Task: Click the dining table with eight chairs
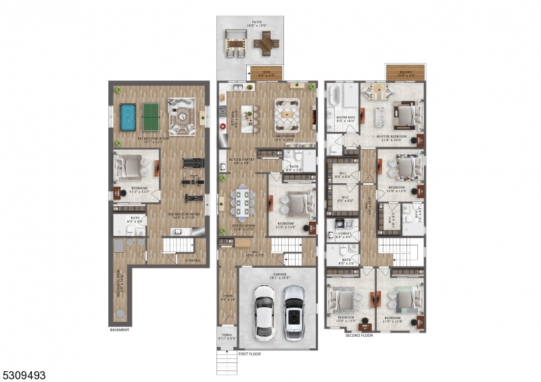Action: click(241, 201)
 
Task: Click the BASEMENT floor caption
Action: click(119, 330)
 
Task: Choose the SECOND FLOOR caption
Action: click(359, 335)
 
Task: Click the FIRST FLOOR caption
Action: click(249, 354)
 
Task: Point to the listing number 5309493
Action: click(24, 374)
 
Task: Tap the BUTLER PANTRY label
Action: click(242, 161)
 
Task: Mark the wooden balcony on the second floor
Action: click(405, 72)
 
